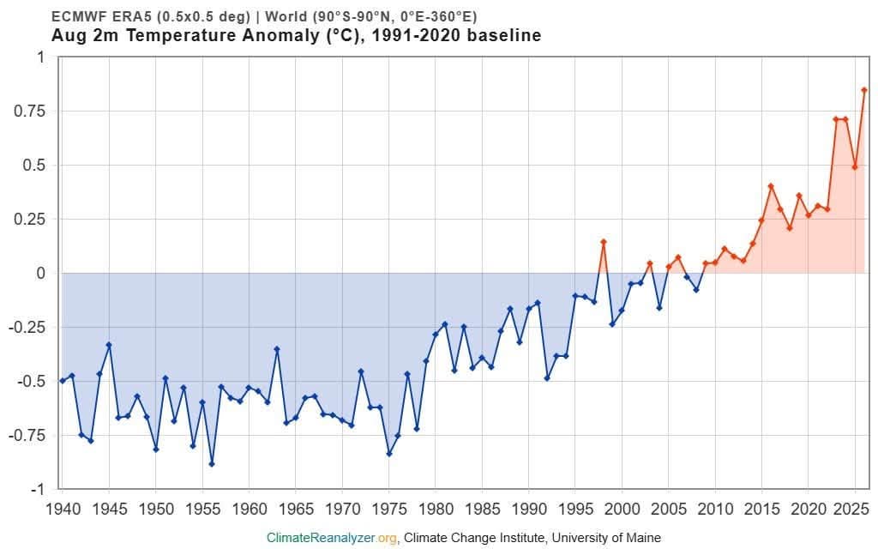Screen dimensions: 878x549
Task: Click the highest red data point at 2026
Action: click(x=864, y=89)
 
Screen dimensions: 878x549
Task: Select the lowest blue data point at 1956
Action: click(x=212, y=464)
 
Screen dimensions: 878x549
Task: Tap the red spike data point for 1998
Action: click(x=603, y=242)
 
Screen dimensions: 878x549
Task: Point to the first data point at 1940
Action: click(x=62, y=381)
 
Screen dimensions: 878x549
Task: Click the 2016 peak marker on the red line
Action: click(x=771, y=186)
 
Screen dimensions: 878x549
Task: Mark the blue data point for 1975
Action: click(x=389, y=454)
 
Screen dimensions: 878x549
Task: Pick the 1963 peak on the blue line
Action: click(x=277, y=349)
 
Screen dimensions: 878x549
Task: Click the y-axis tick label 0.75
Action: click(x=29, y=111)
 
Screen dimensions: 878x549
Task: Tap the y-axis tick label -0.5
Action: click(x=28, y=382)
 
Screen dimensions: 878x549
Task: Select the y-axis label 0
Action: click(x=40, y=274)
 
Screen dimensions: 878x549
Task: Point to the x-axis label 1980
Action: click(x=436, y=510)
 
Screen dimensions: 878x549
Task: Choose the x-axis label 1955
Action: click(x=202, y=510)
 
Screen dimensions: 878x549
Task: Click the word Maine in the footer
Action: click(x=643, y=538)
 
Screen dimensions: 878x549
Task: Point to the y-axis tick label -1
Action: click(x=37, y=490)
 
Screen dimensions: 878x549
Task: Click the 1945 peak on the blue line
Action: click(x=109, y=345)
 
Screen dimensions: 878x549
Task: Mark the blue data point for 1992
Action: click(x=547, y=378)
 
